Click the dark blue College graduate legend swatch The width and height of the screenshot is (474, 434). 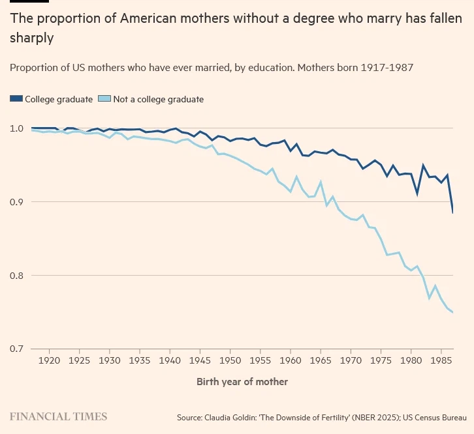coord(16,99)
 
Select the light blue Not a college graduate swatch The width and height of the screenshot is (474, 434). coord(104,99)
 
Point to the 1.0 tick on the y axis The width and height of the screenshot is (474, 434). coord(17,128)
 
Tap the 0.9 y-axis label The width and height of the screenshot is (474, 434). coord(17,202)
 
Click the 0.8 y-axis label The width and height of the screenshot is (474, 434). coord(17,276)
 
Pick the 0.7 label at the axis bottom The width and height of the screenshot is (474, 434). coord(17,349)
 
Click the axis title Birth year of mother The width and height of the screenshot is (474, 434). coord(242,381)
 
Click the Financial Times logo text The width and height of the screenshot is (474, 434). coord(58,416)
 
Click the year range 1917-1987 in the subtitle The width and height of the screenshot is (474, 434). coord(388,67)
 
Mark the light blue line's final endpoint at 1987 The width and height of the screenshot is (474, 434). coord(452,313)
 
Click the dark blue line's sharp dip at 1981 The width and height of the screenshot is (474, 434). coord(417,194)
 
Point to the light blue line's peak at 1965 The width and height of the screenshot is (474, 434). coord(321,182)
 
